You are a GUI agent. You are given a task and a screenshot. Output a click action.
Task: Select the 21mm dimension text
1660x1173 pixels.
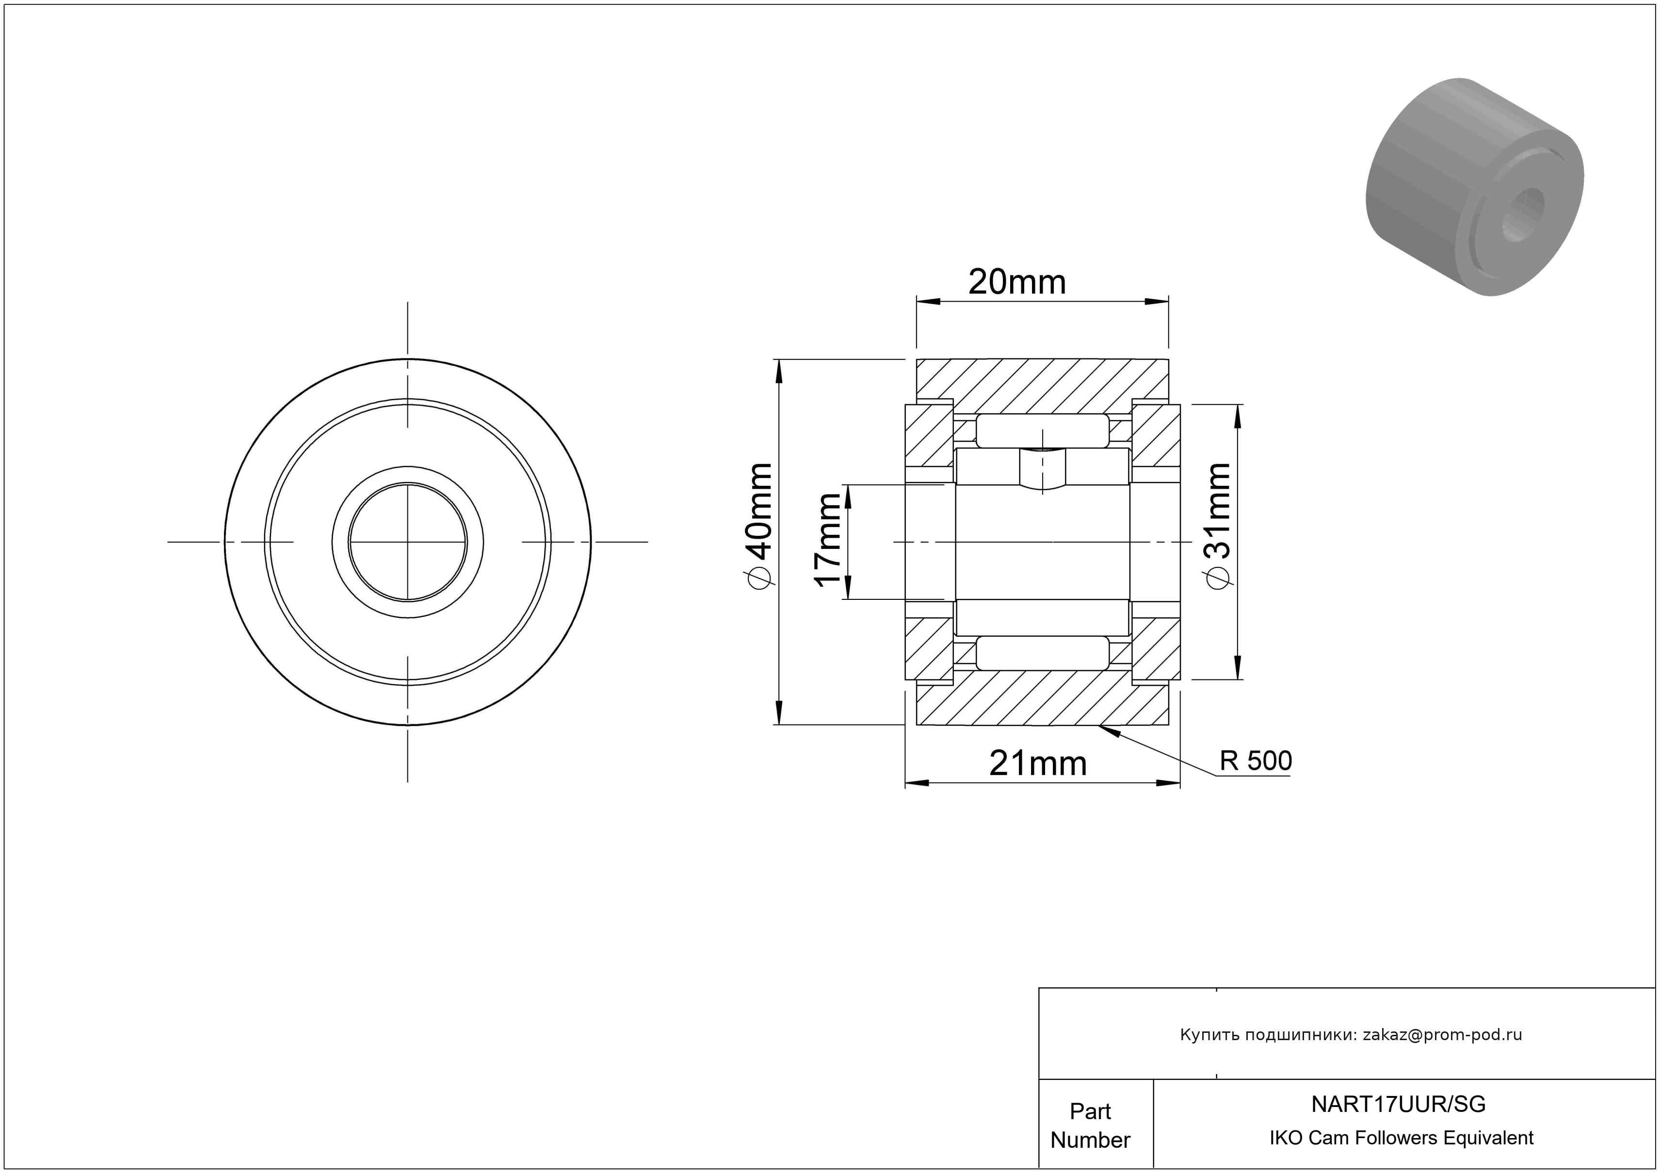[x=1037, y=763]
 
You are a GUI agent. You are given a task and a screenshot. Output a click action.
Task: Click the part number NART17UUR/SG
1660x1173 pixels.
[x=1398, y=1104]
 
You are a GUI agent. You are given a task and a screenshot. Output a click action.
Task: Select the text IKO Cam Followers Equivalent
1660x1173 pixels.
[x=1401, y=1138]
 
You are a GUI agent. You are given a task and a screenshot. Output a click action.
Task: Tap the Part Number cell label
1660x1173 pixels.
[x=1090, y=1125]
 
